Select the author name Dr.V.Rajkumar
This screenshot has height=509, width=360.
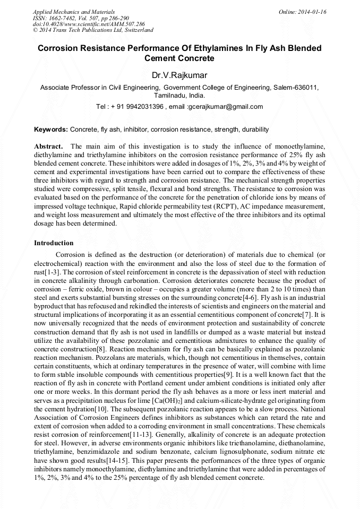tap(179, 75)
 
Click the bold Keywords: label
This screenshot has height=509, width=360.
tap(51, 130)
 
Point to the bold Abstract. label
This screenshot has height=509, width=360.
tap(49, 146)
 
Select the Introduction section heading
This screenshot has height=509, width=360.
tap(54, 243)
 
